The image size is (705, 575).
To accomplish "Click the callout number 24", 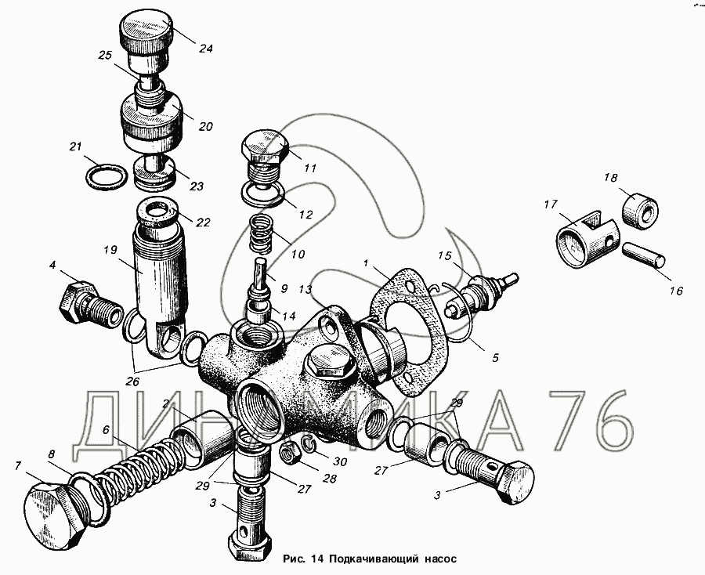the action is click(205, 48).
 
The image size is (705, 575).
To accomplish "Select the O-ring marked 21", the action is click(106, 177).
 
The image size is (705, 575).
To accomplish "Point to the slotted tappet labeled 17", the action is click(588, 239).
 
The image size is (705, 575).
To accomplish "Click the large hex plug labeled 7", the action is click(55, 513).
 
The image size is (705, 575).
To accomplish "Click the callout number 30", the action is click(341, 461).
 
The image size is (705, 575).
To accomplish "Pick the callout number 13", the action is click(305, 289).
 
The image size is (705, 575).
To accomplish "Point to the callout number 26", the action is click(132, 382).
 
